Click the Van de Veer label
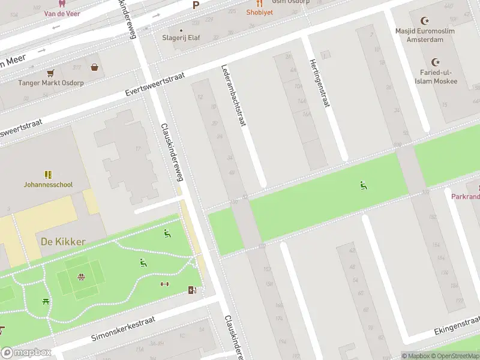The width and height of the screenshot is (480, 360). (x=58, y=13)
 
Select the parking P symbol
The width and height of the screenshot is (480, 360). (x=196, y=5)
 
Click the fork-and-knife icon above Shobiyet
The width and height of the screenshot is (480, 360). (x=259, y=3)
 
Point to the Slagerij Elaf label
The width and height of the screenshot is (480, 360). (x=181, y=38)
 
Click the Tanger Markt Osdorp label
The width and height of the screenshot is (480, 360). (x=50, y=83)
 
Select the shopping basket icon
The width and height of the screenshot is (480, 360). (x=95, y=67)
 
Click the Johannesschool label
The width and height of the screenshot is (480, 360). (x=48, y=185)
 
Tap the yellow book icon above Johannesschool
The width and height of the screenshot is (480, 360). (x=48, y=175)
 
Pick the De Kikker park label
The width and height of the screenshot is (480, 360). (x=63, y=242)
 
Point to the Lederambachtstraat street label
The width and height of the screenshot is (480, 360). (x=234, y=96)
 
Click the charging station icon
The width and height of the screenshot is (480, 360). (x=192, y=290)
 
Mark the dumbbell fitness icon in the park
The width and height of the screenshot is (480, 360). (x=165, y=284)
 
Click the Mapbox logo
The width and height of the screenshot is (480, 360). (x=25, y=353)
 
